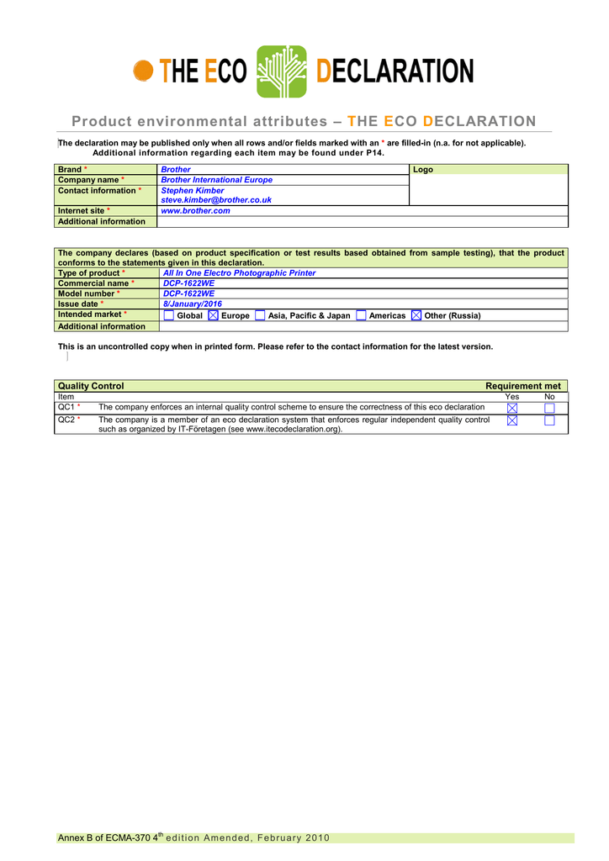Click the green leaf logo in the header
click(x=282, y=71)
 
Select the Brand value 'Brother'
click(x=176, y=170)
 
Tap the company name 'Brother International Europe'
click(x=216, y=180)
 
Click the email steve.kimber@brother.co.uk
click(x=216, y=200)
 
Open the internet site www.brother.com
click(x=195, y=211)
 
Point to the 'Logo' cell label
click(x=423, y=170)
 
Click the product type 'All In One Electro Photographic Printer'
click(x=239, y=273)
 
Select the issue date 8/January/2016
click(x=192, y=304)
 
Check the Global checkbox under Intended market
click(x=169, y=315)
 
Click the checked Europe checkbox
click(x=213, y=315)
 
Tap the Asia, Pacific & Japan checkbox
click(x=260, y=315)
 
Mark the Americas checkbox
click(x=361, y=315)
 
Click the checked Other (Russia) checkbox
click(x=416, y=315)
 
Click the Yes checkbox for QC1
click(x=513, y=408)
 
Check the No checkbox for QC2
click(x=550, y=420)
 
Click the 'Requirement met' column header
click(x=522, y=386)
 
